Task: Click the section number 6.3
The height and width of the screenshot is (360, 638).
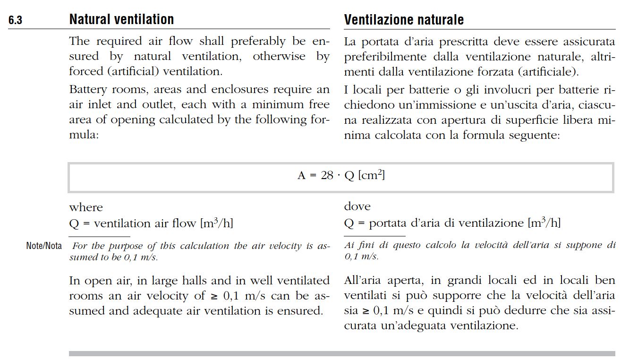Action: pos(15,21)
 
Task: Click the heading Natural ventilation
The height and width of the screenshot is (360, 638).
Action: pos(121,19)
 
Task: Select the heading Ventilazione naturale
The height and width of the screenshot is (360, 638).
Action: pos(404,20)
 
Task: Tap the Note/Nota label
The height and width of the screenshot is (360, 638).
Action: pos(44,246)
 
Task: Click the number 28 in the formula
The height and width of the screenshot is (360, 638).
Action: pos(327,176)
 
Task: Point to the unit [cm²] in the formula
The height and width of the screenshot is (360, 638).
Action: pos(372,175)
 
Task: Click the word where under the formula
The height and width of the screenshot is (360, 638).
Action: pos(85,207)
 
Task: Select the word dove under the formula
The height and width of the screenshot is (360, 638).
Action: pos(357,206)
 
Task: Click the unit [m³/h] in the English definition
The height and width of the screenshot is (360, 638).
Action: pos(217,223)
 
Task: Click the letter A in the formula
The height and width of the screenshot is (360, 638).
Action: pos(301,176)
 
